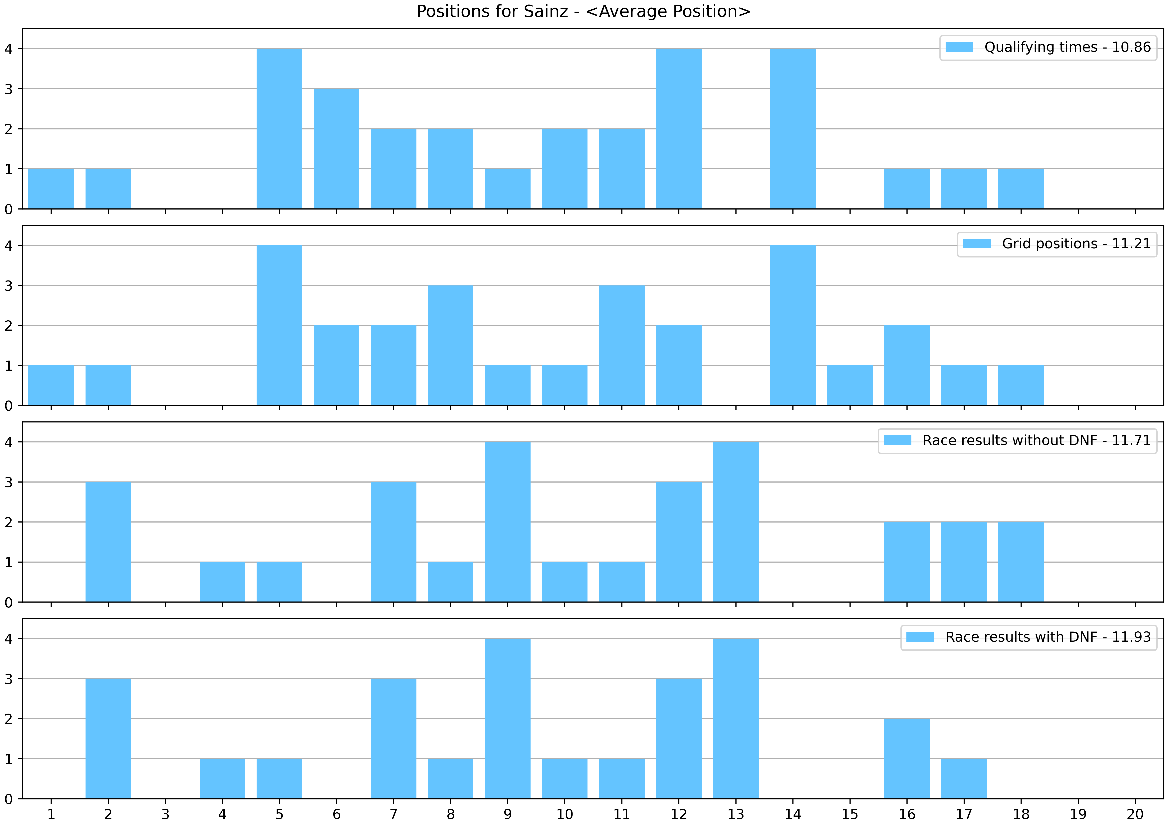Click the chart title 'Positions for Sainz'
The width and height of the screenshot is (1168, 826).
point(584,11)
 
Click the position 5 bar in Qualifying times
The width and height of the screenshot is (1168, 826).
point(279,129)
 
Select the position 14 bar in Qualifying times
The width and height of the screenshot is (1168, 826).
point(793,129)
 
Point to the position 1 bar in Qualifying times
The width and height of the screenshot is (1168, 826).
point(51,189)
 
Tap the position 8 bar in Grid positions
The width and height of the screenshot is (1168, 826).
point(450,345)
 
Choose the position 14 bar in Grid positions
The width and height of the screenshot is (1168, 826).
point(793,326)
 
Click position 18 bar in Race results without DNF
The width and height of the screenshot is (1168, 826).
point(1021,562)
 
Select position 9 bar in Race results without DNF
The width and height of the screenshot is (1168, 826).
point(507,522)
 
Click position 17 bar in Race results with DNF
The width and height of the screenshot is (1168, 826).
point(964,779)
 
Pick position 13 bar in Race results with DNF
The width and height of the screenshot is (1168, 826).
point(736,719)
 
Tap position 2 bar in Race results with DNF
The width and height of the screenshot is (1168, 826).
point(108,739)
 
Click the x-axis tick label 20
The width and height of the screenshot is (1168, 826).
point(1135,814)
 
